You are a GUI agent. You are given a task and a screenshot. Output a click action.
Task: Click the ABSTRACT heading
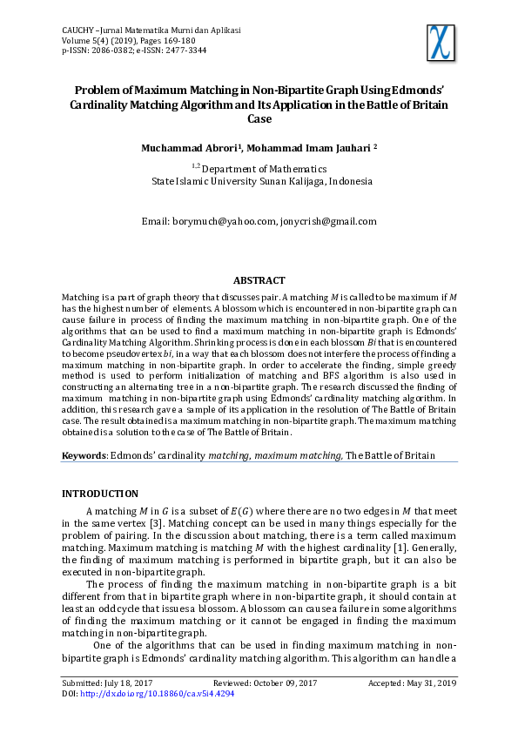(x=259, y=280)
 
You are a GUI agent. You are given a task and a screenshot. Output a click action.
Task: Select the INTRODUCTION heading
(x=99, y=494)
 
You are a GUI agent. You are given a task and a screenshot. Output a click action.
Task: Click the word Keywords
(x=83, y=455)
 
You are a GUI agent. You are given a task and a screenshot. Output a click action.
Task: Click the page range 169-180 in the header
(x=172, y=40)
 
